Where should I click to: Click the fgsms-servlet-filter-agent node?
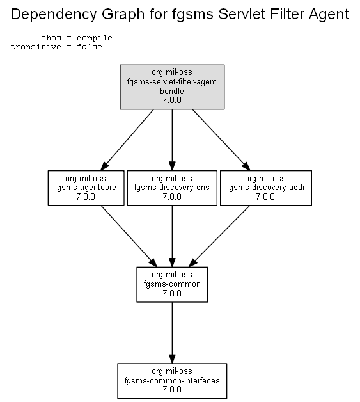pyautogui.click(x=172, y=87)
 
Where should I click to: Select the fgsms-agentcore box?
pyautogui.click(x=86, y=188)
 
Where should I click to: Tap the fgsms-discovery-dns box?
pyautogui.click(x=172, y=188)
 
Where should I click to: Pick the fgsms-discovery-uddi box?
pyautogui.click(x=266, y=188)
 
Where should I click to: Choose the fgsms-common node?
pyautogui.click(x=172, y=284)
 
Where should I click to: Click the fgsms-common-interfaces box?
pyautogui.click(x=172, y=381)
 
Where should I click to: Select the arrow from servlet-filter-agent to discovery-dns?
pyautogui.click(x=172, y=140)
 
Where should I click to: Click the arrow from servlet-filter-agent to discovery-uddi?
pyautogui.click(x=221, y=140)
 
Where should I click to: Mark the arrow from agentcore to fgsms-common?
pyautogui.click(x=129, y=236)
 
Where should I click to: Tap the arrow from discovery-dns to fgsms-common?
pyautogui.click(x=172, y=236)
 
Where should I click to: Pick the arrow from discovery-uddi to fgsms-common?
pyautogui.click(x=219, y=236)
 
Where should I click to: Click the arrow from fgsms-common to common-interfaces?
pyautogui.click(x=172, y=333)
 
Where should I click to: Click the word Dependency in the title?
pyautogui.click(x=54, y=14)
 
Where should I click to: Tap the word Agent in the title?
pyautogui.click(x=329, y=15)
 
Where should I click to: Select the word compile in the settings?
pyautogui.click(x=95, y=38)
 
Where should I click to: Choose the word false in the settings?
pyautogui.click(x=90, y=47)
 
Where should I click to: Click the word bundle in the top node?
pyautogui.click(x=172, y=91)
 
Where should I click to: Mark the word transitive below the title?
pyautogui.click(x=36, y=47)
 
